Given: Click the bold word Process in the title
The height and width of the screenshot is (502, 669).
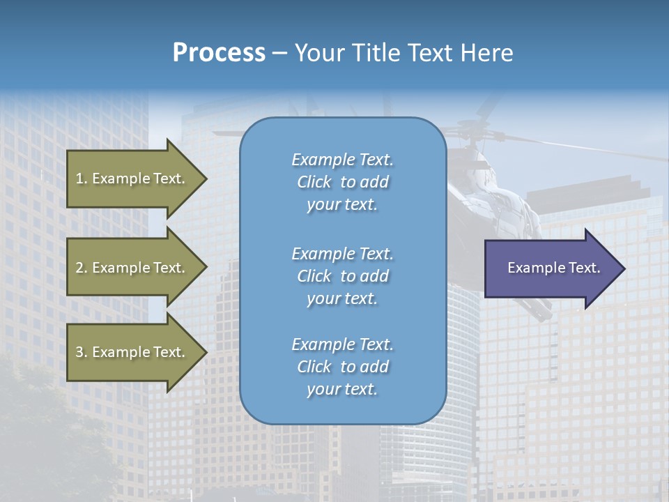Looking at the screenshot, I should click(219, 53).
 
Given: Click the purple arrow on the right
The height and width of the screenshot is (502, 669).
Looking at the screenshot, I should click(551, 268).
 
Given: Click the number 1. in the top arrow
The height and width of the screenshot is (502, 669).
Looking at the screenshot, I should click(82, 178).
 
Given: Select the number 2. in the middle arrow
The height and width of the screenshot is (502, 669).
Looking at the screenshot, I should click(82, 268).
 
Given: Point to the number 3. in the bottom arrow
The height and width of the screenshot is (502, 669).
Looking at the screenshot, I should click(82, 352).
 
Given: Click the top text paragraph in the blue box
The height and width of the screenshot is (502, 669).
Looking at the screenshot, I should click(342, 182).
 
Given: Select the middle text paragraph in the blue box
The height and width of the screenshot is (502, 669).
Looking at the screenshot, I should click(342, 276).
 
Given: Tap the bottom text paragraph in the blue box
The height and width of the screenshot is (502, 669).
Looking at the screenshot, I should click(342, 367).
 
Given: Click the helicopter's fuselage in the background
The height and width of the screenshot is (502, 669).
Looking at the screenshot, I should click(488, 202).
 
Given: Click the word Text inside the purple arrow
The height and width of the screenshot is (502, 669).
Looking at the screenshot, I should click(584, 268).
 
